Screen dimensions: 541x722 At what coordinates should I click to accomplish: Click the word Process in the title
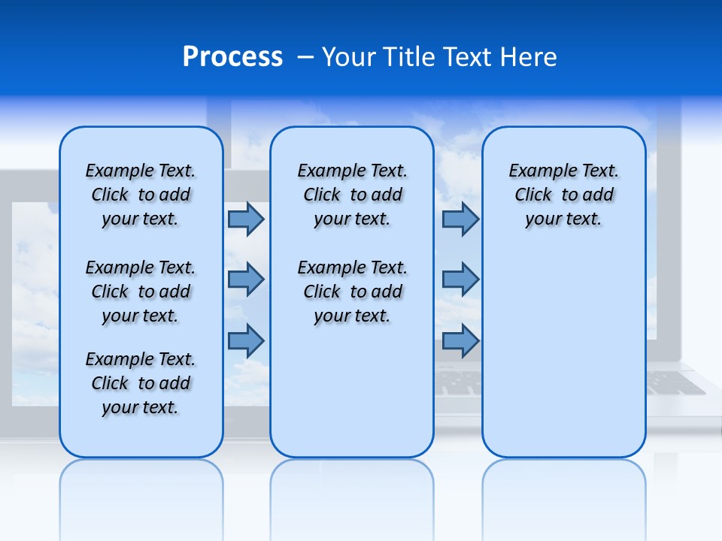[x=232, y=57]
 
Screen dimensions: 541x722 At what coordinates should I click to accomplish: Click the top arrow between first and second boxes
[x=246, y=219]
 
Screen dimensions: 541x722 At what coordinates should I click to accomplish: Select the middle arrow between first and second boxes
[x=246, y=280]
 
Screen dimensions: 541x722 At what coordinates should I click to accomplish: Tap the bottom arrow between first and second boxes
[x=246, y=340]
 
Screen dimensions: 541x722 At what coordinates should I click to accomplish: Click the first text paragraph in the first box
[x=141, y=195]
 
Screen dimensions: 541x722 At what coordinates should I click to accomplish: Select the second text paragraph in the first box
[x=141, y=292]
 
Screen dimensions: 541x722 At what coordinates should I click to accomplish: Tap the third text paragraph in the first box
[x=141, y=383]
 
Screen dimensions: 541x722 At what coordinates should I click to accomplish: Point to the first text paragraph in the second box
[x=352, y=195]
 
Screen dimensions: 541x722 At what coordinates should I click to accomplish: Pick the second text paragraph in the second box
[x=352, y=292]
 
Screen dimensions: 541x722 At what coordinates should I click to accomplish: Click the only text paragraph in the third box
[x=563, y=195]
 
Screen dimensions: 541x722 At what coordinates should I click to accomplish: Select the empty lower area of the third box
[x=563, y=353]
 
